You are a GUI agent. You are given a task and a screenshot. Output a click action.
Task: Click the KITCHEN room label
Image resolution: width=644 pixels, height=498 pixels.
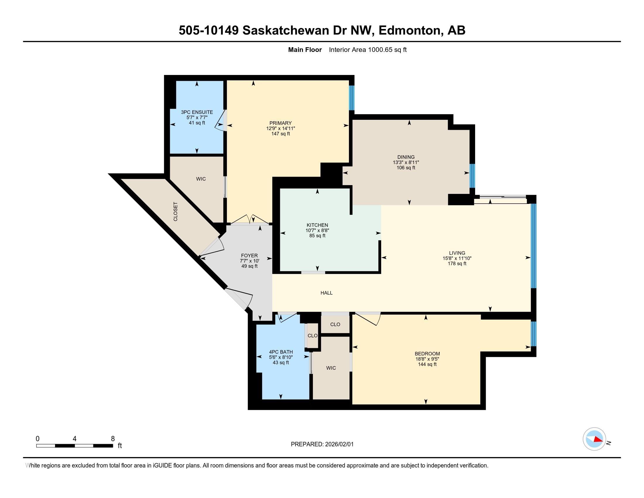[317, 225]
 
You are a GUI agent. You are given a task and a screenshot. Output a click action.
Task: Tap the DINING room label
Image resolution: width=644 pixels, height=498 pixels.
[406, 157]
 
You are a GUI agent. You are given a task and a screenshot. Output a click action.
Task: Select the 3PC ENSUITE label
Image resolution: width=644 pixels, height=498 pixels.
[197, 112]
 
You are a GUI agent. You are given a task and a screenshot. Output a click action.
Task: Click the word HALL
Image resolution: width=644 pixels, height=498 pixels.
[326, 293]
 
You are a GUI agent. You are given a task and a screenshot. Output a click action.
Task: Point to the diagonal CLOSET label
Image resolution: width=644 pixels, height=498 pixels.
[175, 212]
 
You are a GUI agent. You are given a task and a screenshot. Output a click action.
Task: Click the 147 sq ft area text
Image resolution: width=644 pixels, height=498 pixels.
[280, 134]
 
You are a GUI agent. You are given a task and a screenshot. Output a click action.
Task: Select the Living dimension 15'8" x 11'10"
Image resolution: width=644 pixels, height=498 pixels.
[457, 258]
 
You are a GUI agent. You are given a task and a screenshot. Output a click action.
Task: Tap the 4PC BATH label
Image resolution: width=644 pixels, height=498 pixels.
[281, 352]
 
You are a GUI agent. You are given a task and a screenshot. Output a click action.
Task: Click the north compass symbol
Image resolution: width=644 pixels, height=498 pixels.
[594, 439]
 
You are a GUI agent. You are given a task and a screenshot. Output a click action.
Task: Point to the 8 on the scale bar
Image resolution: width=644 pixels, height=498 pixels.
[113, 439]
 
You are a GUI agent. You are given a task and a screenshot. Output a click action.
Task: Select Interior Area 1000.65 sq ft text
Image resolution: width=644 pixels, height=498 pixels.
[368, 50]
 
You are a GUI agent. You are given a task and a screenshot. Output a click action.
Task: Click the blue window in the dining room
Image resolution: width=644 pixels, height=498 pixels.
[472, 175]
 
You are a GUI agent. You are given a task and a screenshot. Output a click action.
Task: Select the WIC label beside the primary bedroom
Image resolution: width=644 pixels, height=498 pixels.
[201, 179]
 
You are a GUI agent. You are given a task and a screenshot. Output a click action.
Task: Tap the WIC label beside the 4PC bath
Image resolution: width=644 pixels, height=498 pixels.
[331, 368]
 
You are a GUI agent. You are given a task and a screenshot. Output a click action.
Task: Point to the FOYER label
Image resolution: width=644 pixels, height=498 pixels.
[249, 255]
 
